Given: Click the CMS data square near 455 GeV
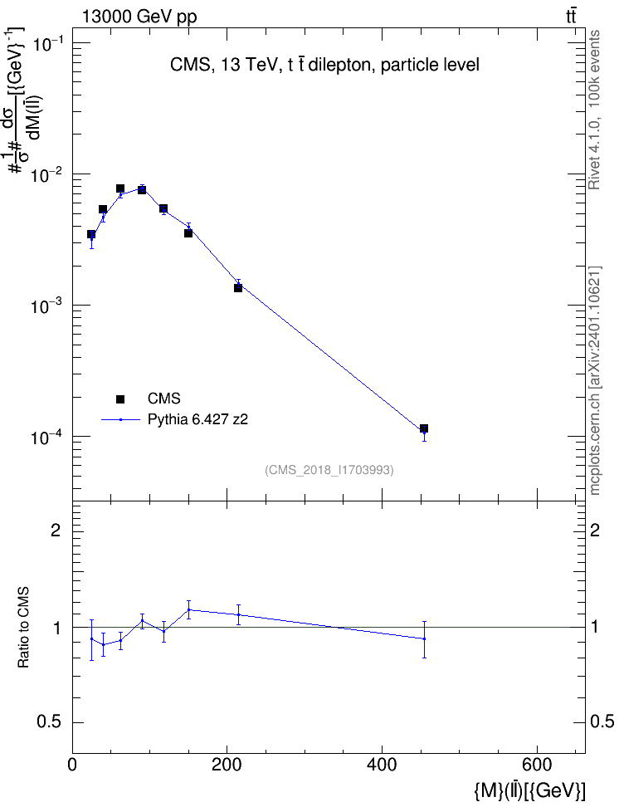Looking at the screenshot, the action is click(424, 428).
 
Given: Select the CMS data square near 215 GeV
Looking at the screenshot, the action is click(238, 288).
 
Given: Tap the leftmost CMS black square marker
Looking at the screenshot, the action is click(91, 234).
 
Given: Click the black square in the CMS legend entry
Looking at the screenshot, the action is click(120, 399).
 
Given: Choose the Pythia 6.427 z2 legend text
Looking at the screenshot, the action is click(197, 419).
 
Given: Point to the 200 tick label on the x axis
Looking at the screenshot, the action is click(227, 765).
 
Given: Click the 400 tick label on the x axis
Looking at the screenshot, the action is click(382, 765).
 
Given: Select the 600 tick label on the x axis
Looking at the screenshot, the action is click(537, 765).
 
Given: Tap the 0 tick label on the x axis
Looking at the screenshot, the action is click(72, 765).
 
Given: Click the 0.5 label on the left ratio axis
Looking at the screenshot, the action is click(49, 722).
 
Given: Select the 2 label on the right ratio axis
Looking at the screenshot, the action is click(595, 530).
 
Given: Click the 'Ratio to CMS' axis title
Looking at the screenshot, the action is click(24, 628).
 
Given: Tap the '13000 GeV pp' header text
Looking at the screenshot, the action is click(139, 17).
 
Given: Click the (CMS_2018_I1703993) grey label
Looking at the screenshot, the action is click(329, 470).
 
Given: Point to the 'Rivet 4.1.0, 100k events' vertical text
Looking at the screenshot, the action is click(594, 110).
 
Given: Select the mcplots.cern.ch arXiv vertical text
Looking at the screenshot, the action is click(594, 380).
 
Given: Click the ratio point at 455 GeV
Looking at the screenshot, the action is click(424, 638).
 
